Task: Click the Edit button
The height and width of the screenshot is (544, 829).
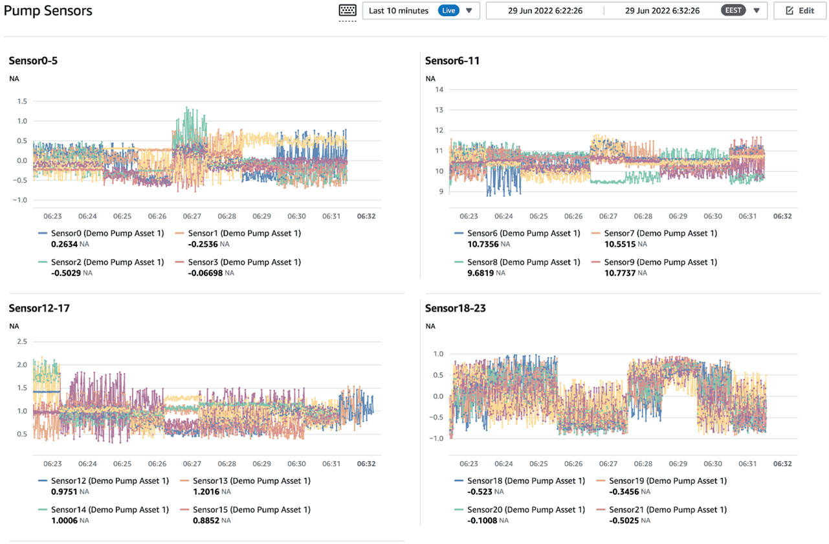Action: [799, 11]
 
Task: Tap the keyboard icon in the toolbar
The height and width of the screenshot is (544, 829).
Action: [348, 11]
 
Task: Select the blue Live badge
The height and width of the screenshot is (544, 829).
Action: [448, 11]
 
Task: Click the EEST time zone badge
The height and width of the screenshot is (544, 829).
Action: [733, 11]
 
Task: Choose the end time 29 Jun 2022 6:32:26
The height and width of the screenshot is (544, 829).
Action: [661, 11]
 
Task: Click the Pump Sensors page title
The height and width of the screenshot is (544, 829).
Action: [48, 11]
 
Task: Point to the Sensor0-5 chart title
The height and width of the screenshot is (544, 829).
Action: [34, 61]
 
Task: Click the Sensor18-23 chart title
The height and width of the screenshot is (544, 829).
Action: [455, 308]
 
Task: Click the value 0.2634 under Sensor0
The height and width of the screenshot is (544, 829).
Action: [64, 244]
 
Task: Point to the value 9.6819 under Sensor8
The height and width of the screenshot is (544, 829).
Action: [481, 273]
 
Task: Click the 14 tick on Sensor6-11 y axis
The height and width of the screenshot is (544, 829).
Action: [439, 89]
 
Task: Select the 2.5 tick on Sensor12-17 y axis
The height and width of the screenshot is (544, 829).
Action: [22, 341]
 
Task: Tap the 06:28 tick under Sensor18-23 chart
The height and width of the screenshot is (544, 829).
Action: [643, 464]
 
